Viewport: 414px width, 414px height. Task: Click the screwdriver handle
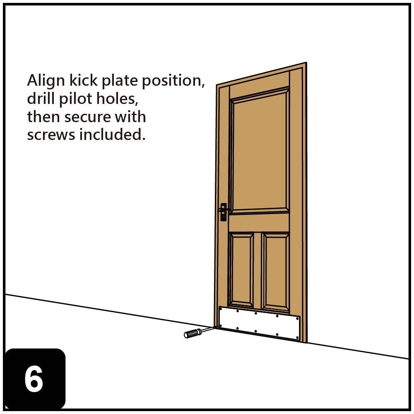pyautogui.click(x=193, y=333)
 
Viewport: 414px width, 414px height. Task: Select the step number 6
pyautogui.click(x=34, y=379)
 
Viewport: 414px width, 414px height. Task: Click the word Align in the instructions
pyautogui.click(x=43, y=81)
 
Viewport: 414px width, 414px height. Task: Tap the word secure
pyautogui.click(x=88, y=117)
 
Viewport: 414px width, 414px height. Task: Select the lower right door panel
pyautogui.click(x=276, y=272)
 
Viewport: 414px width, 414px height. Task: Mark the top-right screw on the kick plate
pyautogui.click(x=298, y=319)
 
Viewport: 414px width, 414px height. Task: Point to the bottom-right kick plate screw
pyautogui.click(x=297, y=338)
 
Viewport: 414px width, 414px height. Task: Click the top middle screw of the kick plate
pyautogui.click(x=256, y=313)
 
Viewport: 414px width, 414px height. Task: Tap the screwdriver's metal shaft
pyautogui.click(x=208, y=329)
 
